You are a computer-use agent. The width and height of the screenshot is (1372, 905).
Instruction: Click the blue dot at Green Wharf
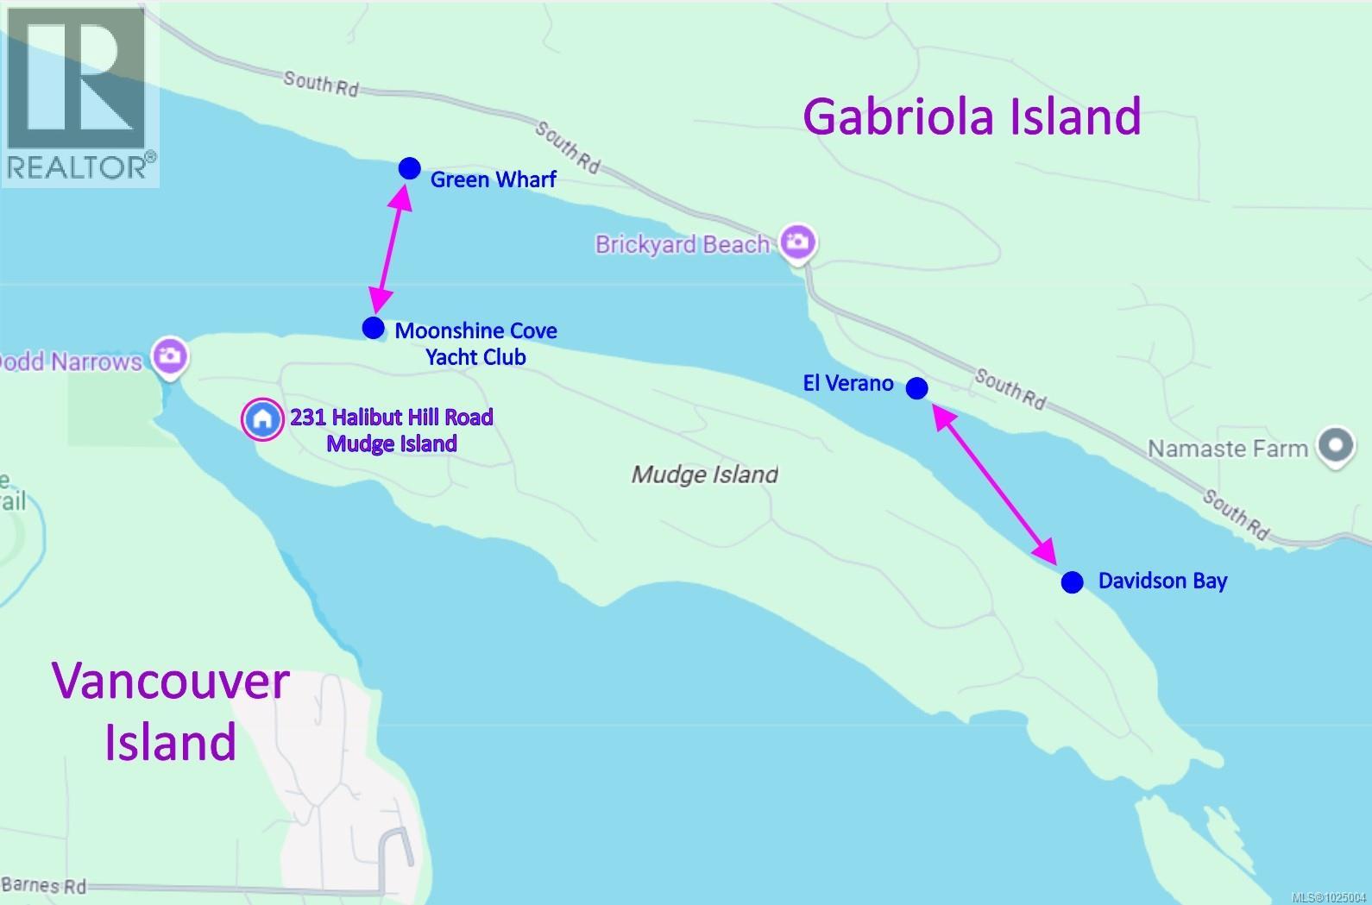[x=409, y=168]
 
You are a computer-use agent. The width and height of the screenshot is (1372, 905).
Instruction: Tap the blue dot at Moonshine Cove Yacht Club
[x=373, y=328]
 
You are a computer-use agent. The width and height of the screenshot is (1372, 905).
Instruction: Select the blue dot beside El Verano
[x=916, y=388]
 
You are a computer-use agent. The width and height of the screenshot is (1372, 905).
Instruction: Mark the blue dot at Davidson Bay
[x=1072, y=582]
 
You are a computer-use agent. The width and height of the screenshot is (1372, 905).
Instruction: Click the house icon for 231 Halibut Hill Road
[x=262, y=420]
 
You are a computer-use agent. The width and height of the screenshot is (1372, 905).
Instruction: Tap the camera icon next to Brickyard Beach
[x=797, y=242]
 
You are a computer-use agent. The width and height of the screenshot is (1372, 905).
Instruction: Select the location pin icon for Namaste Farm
[x=1336, y=446]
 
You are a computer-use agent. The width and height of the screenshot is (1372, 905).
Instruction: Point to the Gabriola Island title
[x=972, y=116]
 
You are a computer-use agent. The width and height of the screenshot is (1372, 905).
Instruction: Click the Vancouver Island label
[x=171, y=711]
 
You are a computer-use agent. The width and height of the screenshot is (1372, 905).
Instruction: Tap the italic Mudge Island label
[x=704, y=474]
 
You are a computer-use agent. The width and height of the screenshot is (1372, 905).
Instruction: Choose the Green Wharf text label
[x=493, y=179]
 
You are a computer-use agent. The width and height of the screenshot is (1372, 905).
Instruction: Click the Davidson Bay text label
[x=1161, y=581]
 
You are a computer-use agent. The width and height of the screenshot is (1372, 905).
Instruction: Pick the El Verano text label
[x=847, y=383]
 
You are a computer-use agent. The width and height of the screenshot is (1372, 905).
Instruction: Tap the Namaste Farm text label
[x=1227, y=449]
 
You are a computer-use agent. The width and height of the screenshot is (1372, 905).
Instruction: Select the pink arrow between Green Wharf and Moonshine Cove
[x=390, y=248]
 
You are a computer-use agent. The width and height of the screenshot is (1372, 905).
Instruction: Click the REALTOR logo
[x=79, y=93]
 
